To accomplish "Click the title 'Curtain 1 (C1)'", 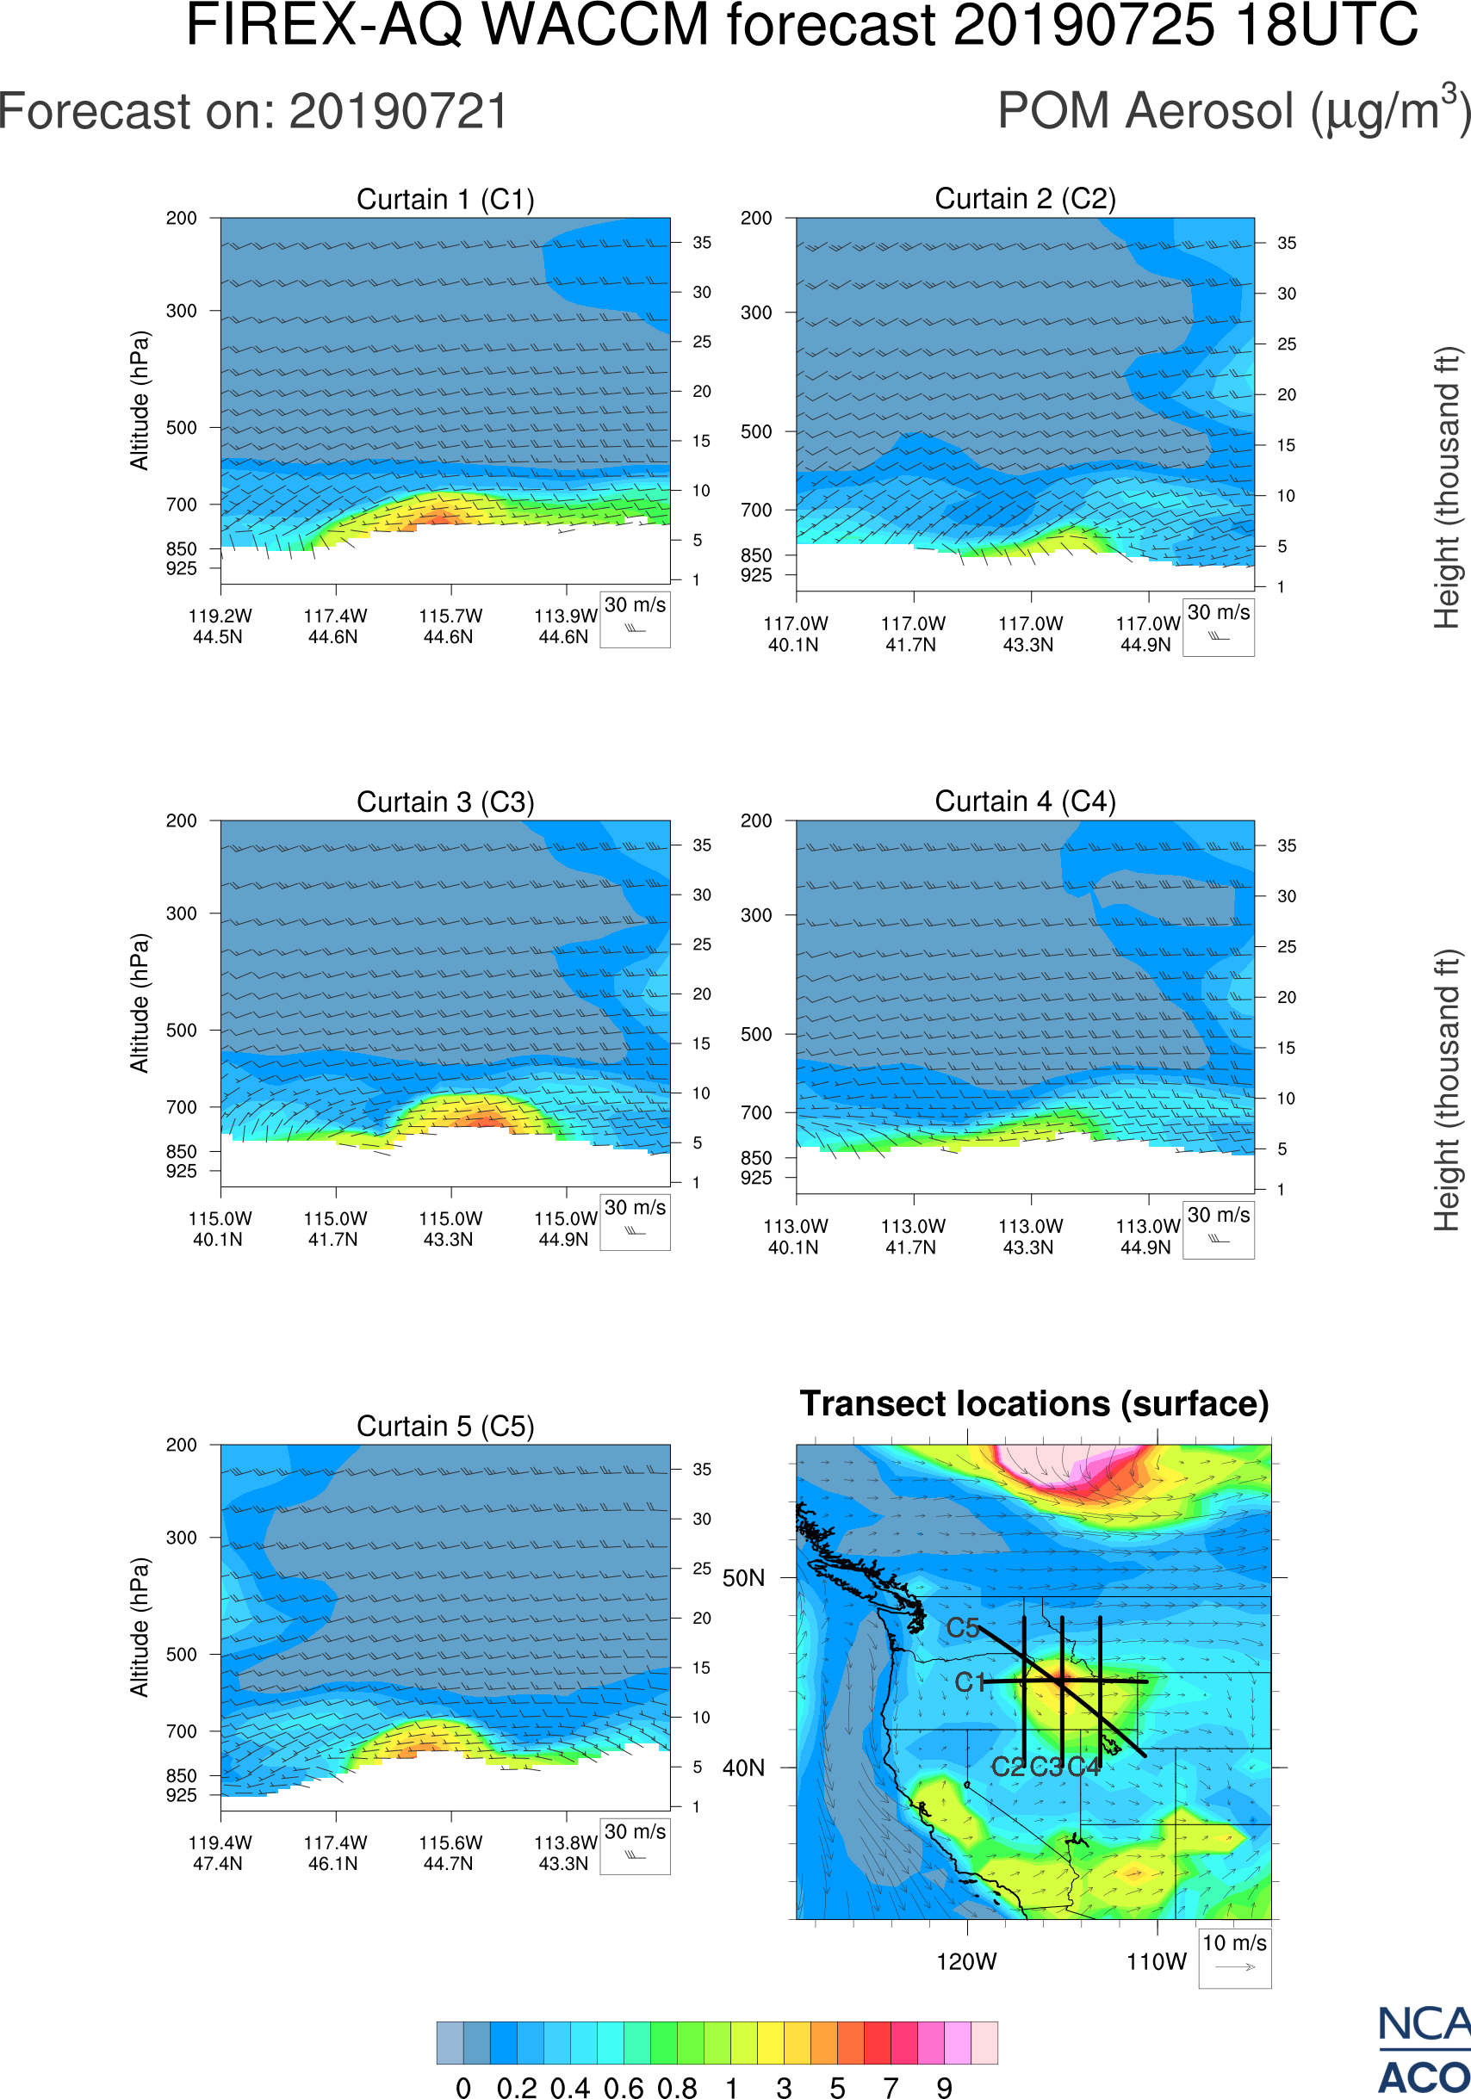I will (x=445, y=199).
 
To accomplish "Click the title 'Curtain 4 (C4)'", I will (x=1025, y=802).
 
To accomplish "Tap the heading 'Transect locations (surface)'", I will (x=1034, y=1403).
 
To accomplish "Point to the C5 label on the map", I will (x=963, y=1627).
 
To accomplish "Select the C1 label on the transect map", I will (x=970, y=1682).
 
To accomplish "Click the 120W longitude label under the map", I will (x=966, y=1962).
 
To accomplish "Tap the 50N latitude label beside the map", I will (x=743, y=1579).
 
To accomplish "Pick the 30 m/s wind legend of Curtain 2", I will (x=1218, y=626).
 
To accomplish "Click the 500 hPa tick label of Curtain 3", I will (x=181, y=1031).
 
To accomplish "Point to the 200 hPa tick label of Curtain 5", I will (x=181, y=1445).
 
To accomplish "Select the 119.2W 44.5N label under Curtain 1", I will (x=220, y=626).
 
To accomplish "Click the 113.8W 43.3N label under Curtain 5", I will (x=565, y=1853).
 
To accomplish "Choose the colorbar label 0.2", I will (x=517, y=2087).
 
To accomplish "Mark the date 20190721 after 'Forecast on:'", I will (x=399, y=113).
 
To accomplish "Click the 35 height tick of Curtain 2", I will (x=1287, y=243).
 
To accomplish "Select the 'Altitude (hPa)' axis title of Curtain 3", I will (x=139, y=1003).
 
